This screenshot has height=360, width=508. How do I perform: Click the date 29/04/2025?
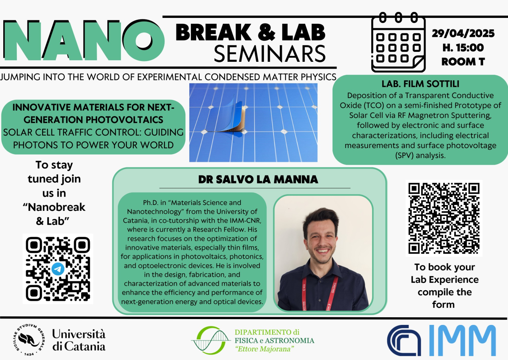[x=463, y=33]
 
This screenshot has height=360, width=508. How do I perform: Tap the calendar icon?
[x=398, y=42]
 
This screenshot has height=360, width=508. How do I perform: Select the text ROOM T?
[x=463, y=62]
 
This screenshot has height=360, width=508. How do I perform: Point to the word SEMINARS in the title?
[x=270, y=54]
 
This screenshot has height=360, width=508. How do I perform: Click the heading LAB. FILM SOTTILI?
[x=420, y=84]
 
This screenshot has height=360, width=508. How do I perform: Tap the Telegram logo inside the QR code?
[x=58, y=269]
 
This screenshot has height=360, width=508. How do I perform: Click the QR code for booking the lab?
[x=444, y=218]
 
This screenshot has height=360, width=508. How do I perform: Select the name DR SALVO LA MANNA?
[x=258, y=179]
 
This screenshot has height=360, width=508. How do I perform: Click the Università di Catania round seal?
[x=29, y=340]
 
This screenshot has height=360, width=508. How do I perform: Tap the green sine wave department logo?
[x=210, y=340]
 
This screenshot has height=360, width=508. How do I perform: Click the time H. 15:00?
[x=463, y=48]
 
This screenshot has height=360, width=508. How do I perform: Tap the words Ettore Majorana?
[x=265, y=349]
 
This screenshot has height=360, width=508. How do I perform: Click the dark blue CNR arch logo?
[x=404, y=340]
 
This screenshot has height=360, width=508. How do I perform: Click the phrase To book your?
[x=444, y=267]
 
